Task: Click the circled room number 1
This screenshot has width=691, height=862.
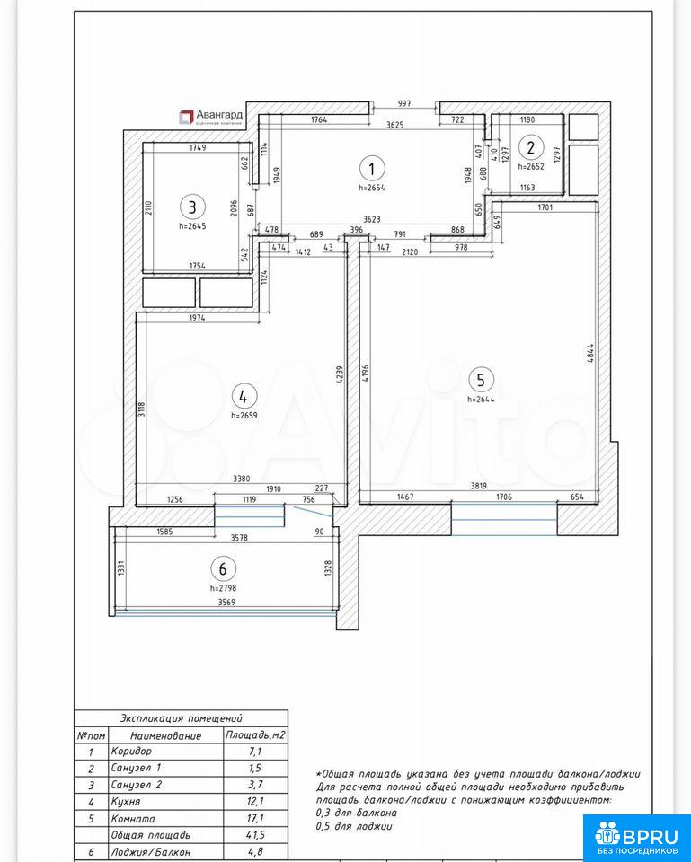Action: coord(372,168)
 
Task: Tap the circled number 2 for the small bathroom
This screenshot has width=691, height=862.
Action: coord(531,147)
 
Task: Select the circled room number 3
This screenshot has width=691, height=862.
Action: coord(192,207)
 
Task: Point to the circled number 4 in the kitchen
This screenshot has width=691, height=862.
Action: coord(244,396)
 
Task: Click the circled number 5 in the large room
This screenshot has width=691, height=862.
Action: coord(481,380)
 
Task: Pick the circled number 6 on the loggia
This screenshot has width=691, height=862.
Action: coord(223,568)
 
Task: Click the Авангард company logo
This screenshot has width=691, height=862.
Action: coord(211,117)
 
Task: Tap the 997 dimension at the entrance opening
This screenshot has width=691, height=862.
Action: coord(403,103)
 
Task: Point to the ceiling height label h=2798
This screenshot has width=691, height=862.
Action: coord(223,587)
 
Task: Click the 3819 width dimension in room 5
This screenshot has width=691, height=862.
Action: coord(479,486)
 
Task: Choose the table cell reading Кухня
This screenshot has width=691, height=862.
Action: coord(126,802)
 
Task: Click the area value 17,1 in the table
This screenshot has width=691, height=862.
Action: coord(254,819)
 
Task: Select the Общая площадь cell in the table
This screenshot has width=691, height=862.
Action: coord(150,835)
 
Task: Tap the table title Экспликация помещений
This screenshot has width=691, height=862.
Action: coord(181,718)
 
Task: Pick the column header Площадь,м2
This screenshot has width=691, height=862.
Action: coord(255,735)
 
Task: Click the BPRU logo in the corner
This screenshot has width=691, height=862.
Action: coord(636,837)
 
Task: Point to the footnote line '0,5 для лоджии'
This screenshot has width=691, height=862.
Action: coord(354,826)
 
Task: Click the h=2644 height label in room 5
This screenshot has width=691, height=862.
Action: coord(481,399)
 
